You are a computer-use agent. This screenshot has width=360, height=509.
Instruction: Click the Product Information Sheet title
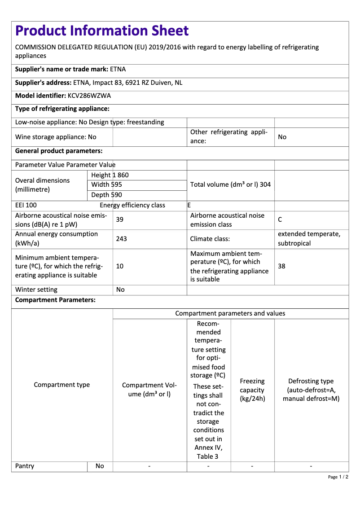point(102,31)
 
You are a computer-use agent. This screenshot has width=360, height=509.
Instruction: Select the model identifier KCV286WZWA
point(89,96)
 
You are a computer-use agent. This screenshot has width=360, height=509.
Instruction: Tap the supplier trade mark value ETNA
point(118,69)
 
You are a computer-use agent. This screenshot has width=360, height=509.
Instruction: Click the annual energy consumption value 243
point(121,239)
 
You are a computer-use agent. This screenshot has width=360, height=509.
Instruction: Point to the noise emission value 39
point(120,219)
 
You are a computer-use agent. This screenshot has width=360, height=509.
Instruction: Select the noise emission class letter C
point(280,219)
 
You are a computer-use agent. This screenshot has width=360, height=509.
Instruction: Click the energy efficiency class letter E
point(189,205)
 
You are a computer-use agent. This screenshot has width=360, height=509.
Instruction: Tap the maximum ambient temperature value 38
point(281,266)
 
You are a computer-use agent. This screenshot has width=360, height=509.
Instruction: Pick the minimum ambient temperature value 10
point(120,266)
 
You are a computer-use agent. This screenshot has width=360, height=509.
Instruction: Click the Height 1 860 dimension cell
point(110,175)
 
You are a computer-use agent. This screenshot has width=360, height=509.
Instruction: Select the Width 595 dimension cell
point(106,184)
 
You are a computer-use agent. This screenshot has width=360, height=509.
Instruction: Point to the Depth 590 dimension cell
point(106,195)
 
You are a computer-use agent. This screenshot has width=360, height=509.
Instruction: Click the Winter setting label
point(36,290)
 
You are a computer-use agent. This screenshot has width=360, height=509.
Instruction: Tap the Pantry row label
point(25,466)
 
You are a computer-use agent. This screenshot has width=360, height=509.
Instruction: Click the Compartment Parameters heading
point(55,300)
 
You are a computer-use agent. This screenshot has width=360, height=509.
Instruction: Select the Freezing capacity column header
point(252,390)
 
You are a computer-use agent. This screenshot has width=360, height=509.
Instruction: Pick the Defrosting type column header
point(311,390)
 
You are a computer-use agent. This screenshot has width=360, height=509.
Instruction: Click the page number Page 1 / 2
point(338,477)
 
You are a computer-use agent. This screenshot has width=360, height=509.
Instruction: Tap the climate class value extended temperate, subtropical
point(309,239)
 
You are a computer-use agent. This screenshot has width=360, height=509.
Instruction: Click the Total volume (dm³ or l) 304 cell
point(230,184)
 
